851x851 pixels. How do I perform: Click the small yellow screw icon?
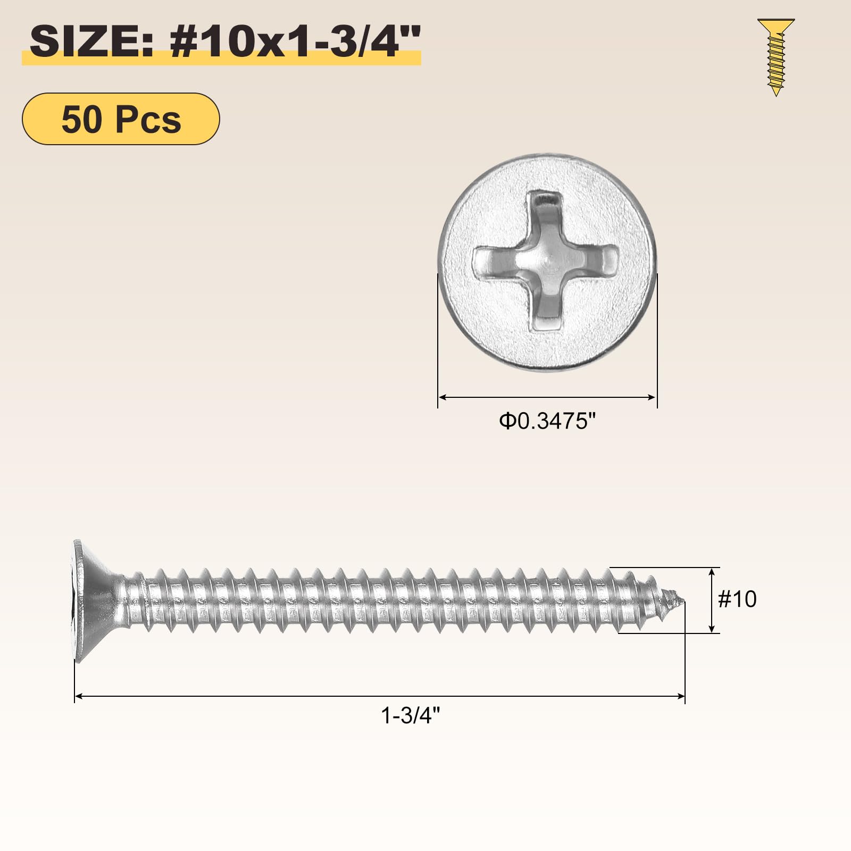point(776,57)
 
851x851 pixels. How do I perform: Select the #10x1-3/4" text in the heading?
point(295,41)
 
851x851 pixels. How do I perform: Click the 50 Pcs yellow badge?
point(121,119)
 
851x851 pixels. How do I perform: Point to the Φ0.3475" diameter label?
point(547,421)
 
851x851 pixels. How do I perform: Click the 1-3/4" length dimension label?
point(411,716)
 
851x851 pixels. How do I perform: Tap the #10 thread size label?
point(737,599)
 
